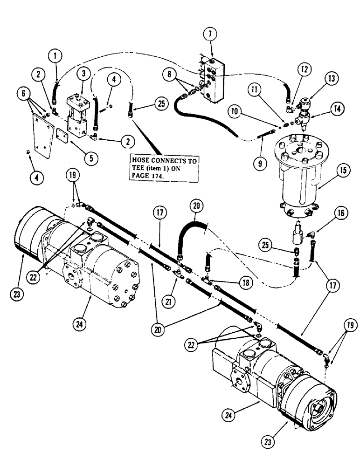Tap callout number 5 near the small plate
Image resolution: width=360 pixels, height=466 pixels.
pos(91,158)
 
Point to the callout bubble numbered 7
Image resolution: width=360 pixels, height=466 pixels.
pos(209,34)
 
